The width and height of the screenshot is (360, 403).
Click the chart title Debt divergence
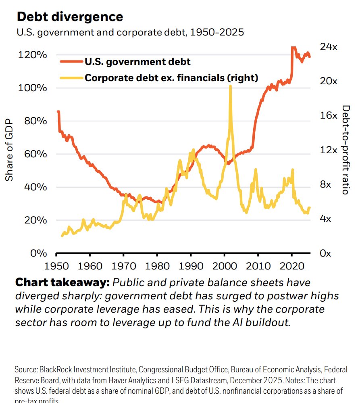tap(69, 17)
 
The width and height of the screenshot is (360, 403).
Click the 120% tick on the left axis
tap(32, 55)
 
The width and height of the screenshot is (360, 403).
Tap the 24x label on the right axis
tap(328, 47)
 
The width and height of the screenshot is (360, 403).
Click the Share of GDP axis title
tap(9, 150)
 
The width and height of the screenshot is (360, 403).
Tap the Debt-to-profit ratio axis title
tap(345, 150)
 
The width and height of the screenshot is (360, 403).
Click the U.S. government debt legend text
tap(137, 62)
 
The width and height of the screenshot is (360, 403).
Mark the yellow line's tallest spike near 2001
tap(230, 87)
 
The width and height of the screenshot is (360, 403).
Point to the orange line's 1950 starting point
tap(58, 112)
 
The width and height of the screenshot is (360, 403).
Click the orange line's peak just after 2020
tap(293, 48)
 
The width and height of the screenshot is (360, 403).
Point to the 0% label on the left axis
tap(40, 253)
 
